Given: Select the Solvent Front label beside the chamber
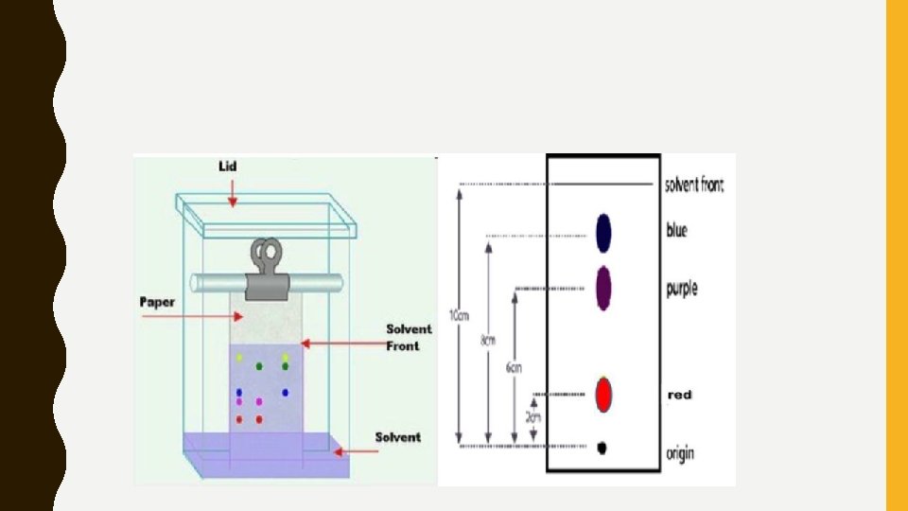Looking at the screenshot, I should click(409, 337).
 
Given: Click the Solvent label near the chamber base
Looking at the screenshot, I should click(397, 436).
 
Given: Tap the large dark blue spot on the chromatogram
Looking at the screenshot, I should click(603, 233).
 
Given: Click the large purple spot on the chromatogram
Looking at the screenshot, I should click(603, 288).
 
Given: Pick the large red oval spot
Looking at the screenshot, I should click(603, 394).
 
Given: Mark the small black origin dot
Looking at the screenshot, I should click(602, 448).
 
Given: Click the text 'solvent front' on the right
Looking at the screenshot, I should click(694, 185).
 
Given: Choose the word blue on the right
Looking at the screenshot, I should click(676, 230).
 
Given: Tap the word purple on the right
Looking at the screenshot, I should click(681, 288).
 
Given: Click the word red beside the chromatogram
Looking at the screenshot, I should click(679, 395).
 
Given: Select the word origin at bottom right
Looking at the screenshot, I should click(680, 453).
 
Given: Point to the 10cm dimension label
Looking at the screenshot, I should click(457, 317).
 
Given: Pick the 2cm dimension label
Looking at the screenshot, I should click(534, 415).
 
